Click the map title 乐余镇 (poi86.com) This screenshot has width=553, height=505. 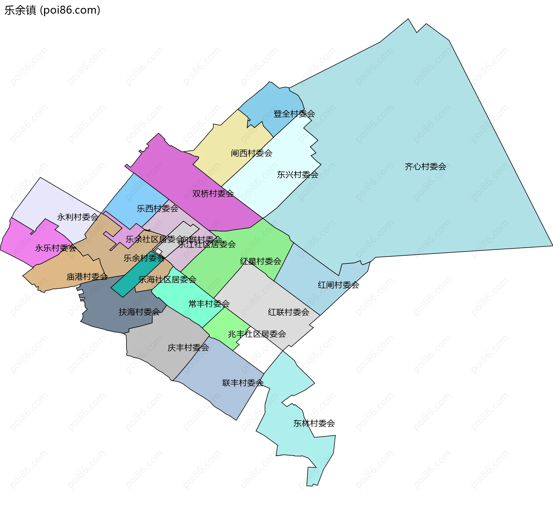(52, 10)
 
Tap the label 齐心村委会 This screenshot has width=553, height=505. (425, 166)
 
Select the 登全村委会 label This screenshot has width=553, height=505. (294, 114)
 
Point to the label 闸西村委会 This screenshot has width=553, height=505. (251, 153)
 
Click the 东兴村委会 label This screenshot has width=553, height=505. (298, 174)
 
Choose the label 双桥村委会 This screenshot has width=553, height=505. (213, 193)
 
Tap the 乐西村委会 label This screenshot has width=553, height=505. (157, 208)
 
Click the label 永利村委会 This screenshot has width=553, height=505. (78, 217)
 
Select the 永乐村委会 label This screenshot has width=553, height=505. (55, 248)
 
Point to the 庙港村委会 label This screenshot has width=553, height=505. (87, 277)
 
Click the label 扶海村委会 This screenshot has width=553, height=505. (139, 312)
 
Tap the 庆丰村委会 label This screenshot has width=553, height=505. (188, 348)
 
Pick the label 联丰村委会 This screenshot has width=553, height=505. (243, 383)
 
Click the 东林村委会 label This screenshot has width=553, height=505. (314, 423)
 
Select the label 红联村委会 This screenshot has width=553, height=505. (289, 312)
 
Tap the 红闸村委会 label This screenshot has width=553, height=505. (338, 285)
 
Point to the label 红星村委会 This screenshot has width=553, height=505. (260, 261)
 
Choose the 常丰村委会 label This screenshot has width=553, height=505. (209, 303)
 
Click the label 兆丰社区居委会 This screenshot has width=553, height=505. (257, 334)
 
